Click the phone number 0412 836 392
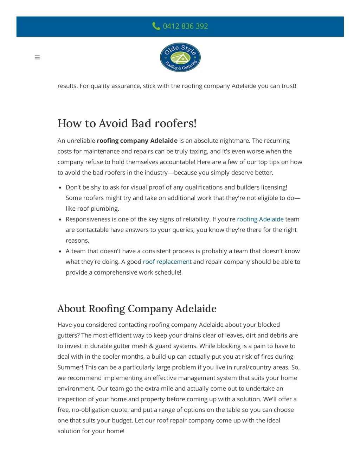coord(185,26)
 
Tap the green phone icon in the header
coord(156,26)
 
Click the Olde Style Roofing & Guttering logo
coord(180,57)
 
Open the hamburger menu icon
coord(37,57)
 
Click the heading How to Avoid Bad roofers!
coord(127,123)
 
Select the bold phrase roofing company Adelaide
coord(137,141)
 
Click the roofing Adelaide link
coord(260,219)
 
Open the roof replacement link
coord(167,262)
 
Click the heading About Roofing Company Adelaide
coord(137,308)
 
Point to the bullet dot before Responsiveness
coord(60,219)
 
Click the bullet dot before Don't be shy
coord(60,188)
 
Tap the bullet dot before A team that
coord(60,251)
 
